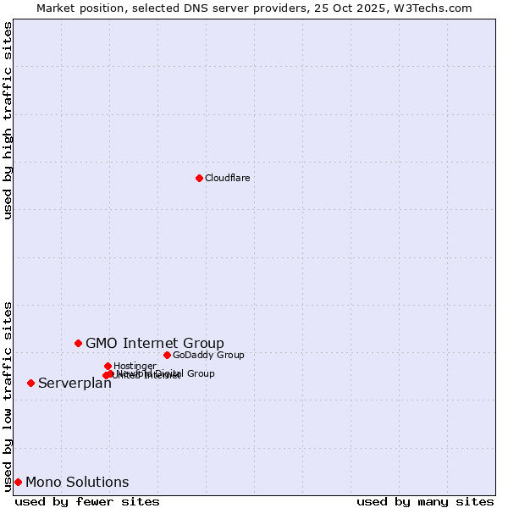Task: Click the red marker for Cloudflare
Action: coord(199,178)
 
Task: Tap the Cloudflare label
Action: coord(227,178)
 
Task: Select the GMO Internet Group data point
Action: coord(78,343)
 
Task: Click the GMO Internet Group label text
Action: coord(155,343)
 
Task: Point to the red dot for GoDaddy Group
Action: coord(167,355)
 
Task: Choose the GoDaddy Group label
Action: coord(208,355)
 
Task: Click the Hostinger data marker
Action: coord(108,366)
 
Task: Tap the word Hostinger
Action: coord(135,366)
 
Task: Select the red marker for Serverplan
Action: coord(30,383)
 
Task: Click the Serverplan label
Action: coord(75,384)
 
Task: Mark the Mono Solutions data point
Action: coord(18,482)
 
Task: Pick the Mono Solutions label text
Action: coord(77,483)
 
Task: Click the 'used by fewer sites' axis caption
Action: coord(87,501)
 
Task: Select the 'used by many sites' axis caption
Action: coord(425,501)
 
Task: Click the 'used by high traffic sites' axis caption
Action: coord(8,120)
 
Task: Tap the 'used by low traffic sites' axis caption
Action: coord(8,395)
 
